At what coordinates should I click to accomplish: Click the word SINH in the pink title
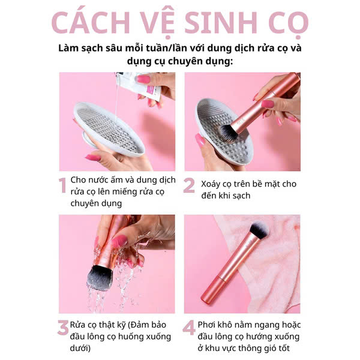pos(221,23)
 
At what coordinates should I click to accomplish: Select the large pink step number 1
pos(62,185)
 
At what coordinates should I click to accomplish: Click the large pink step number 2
pos(189,185)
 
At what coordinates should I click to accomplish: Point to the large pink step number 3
pos(63,328)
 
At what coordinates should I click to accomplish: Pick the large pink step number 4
pos(189,328)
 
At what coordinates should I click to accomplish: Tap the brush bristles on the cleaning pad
pos(228,133)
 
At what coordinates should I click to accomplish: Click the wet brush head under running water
pos(99,278)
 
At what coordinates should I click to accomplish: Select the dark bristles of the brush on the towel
pos(259,230)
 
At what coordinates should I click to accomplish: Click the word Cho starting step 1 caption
pos(79,180)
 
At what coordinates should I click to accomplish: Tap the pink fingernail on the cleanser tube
pos(143,79)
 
